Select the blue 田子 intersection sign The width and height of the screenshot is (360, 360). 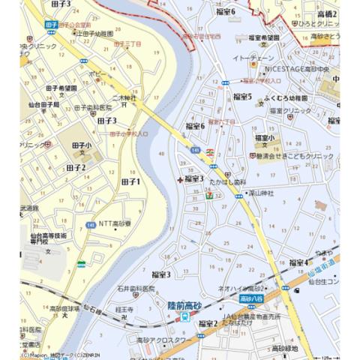[51, 24]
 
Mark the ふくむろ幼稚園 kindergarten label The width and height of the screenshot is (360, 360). [285, 98]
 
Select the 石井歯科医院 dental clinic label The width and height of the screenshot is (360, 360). [135, 288]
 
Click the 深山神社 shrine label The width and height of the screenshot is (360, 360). [259, 193]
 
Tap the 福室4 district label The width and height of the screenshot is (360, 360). [298, 262]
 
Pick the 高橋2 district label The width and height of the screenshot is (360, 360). [327, 13]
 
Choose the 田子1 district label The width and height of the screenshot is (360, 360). [130, 181]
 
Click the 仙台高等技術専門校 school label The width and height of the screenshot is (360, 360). [48, 238]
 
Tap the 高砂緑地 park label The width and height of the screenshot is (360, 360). [285, 348]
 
